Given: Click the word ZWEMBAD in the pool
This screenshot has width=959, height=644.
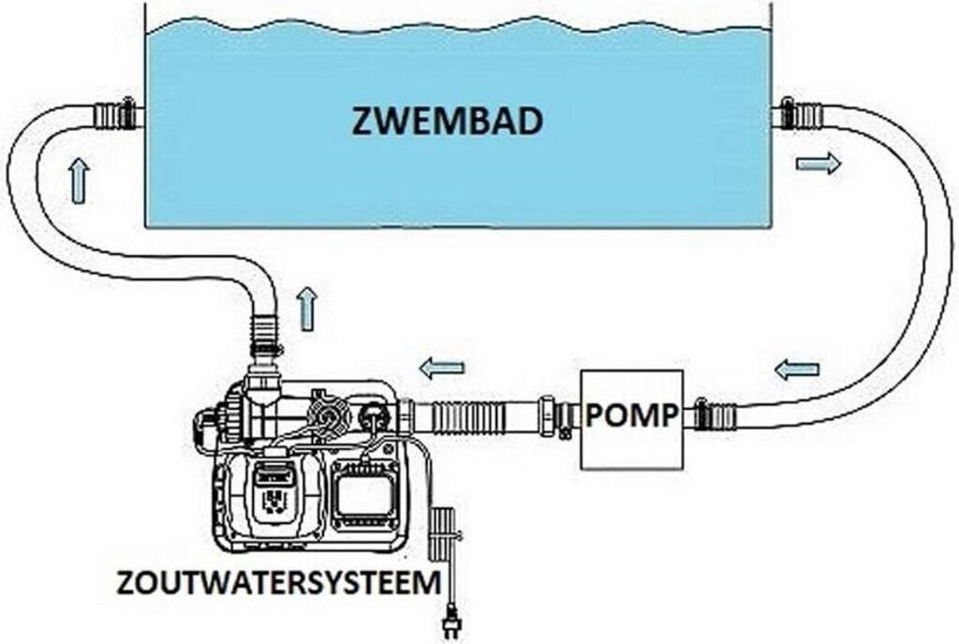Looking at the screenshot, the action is [x=447, y=121].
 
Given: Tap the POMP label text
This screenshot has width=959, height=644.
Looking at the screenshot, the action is [x=632, y=415].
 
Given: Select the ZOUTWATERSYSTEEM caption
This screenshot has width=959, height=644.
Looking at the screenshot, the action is [x=279, y=582].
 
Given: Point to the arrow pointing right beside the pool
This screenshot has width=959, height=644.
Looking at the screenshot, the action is [x=819, y=163].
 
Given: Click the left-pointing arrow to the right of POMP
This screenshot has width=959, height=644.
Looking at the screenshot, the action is [x=797, y=369].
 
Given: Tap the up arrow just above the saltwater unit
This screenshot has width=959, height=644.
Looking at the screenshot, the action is [x=306, y=309].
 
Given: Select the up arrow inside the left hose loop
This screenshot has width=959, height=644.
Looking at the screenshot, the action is [x=80, y=180].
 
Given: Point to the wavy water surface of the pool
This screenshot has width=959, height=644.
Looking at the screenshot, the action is [x=457, y=26].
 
